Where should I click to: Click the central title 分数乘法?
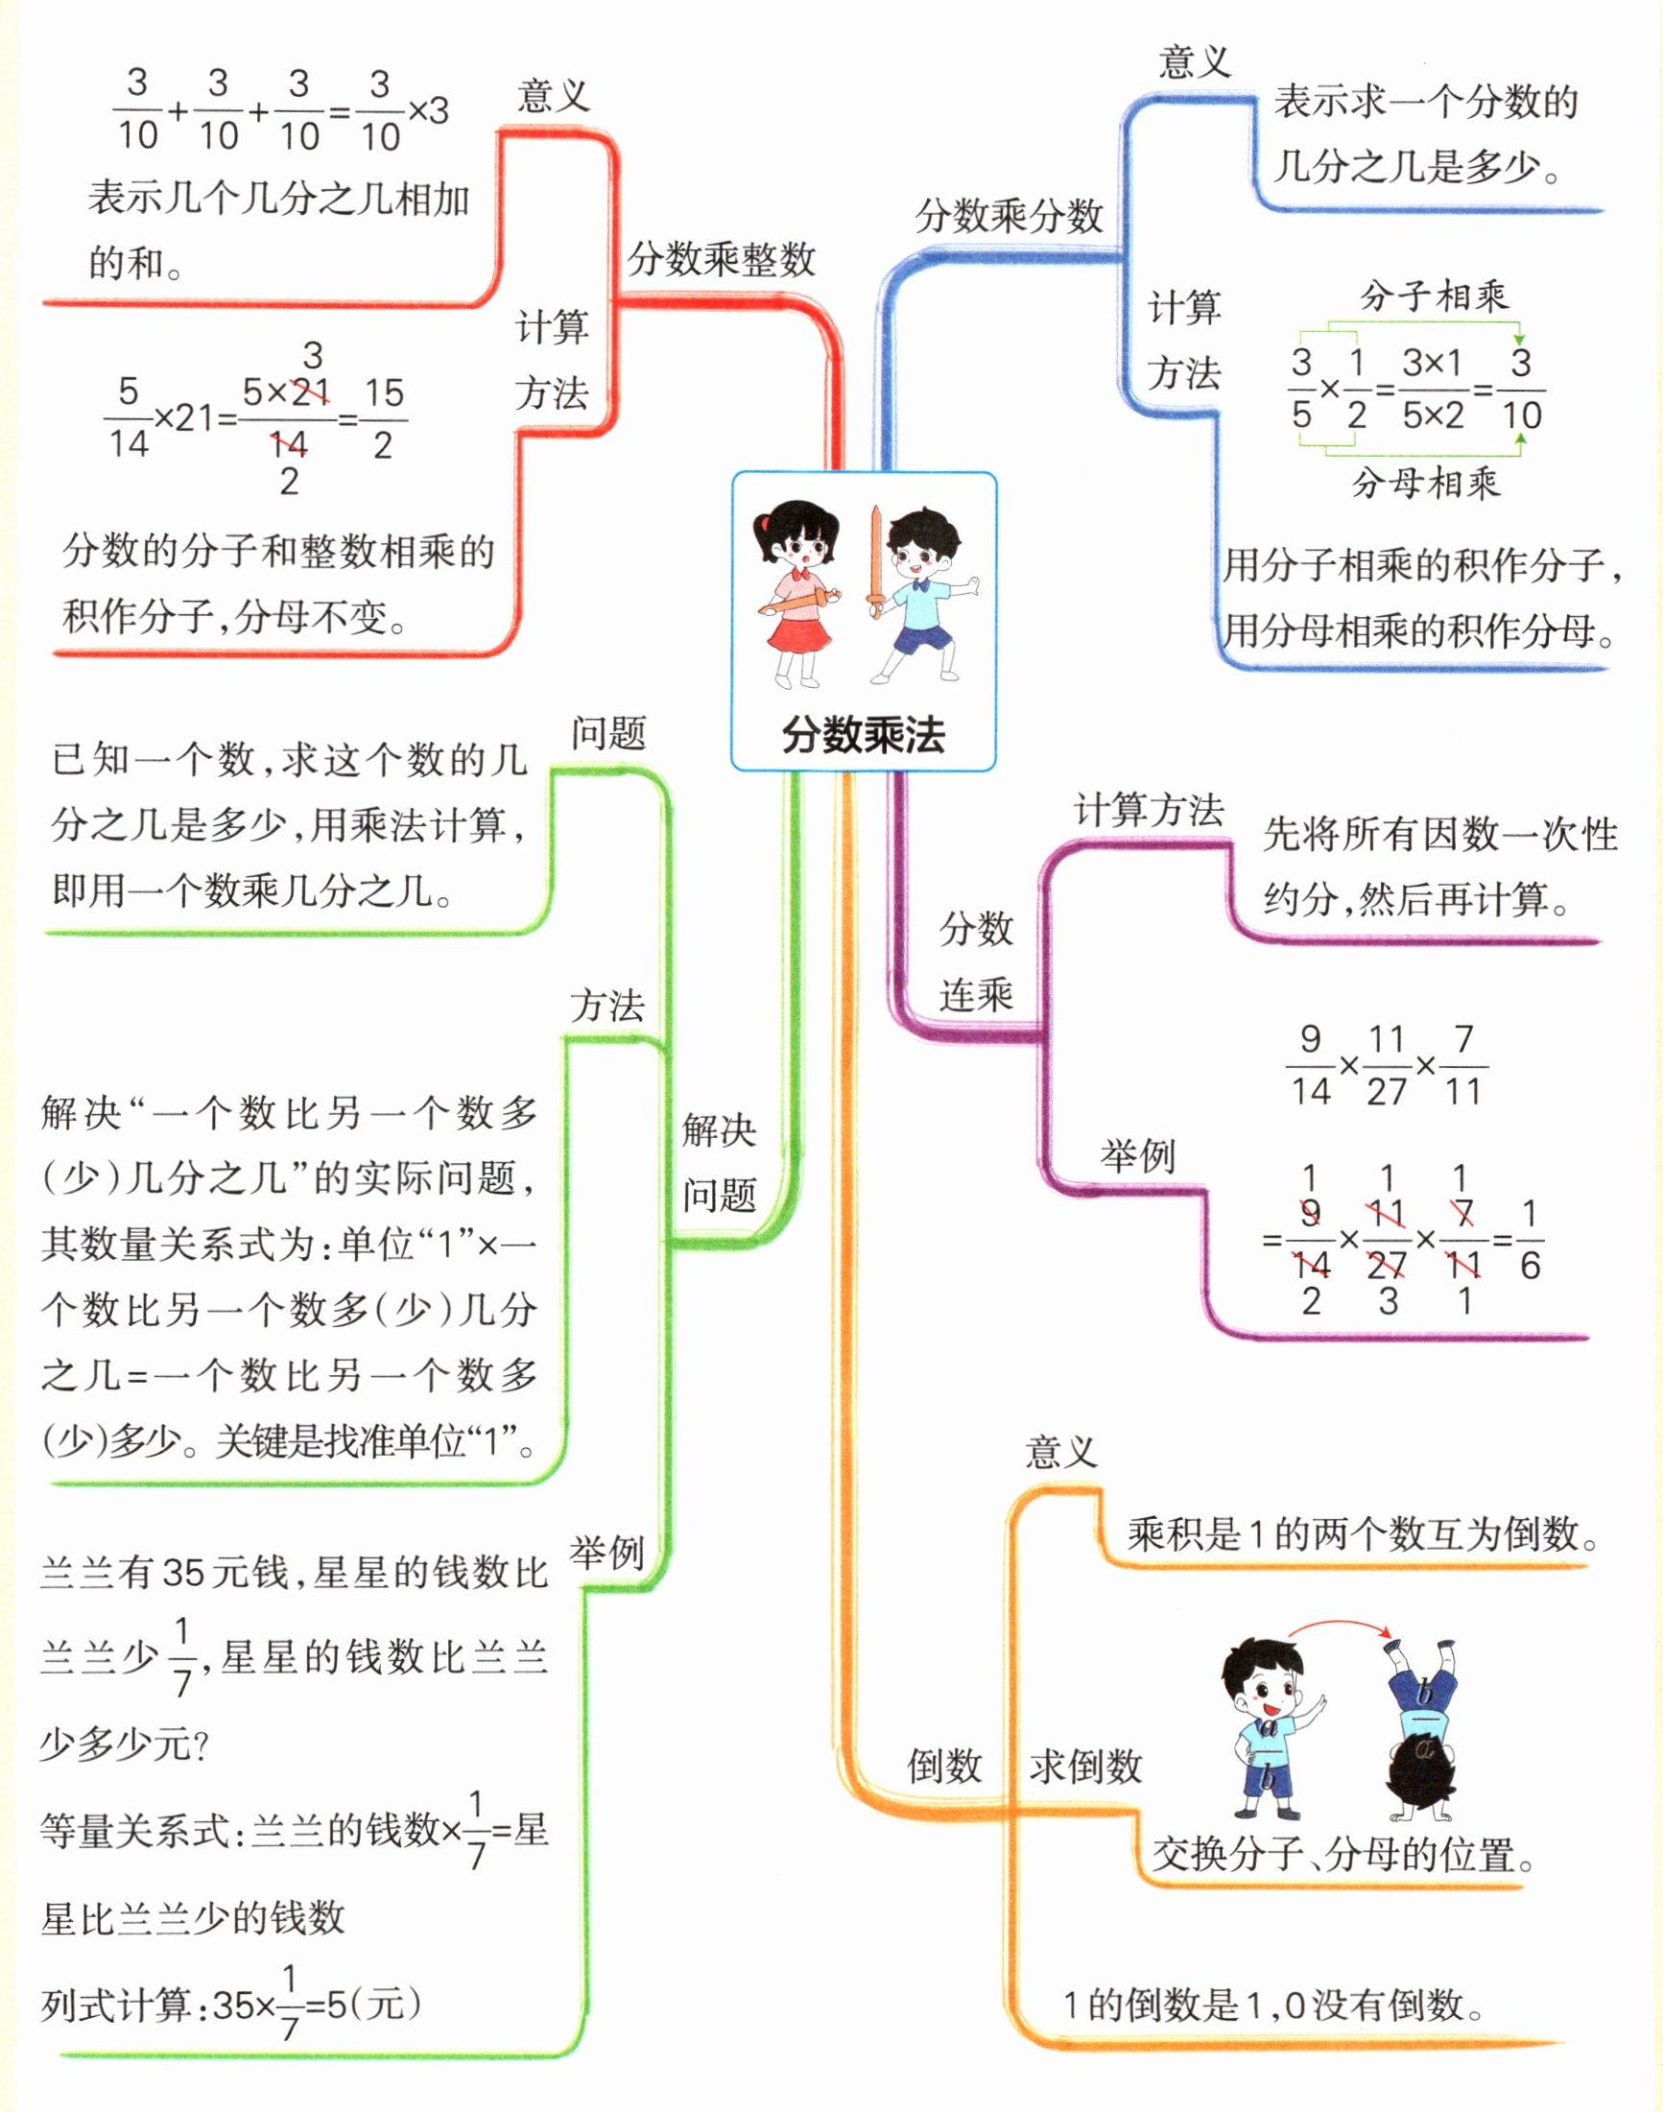click(x=863, y=735)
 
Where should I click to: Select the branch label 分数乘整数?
click(x=721, y=259)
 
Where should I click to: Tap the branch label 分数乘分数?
click(x=1009, y=215)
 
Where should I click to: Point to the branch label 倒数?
click(x=943, y=1766)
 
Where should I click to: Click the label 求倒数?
click(x=1084, y=1766)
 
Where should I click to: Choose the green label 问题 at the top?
click(x=608, y=732)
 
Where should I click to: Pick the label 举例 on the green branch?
click(x=606, y=1553)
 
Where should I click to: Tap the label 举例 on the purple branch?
click(x=1137, y=1157)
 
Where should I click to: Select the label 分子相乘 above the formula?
click(x=1434, y=296)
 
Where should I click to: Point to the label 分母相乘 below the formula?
click(x=1425, y=483)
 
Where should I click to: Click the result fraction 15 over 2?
click(x=384, y=418)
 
